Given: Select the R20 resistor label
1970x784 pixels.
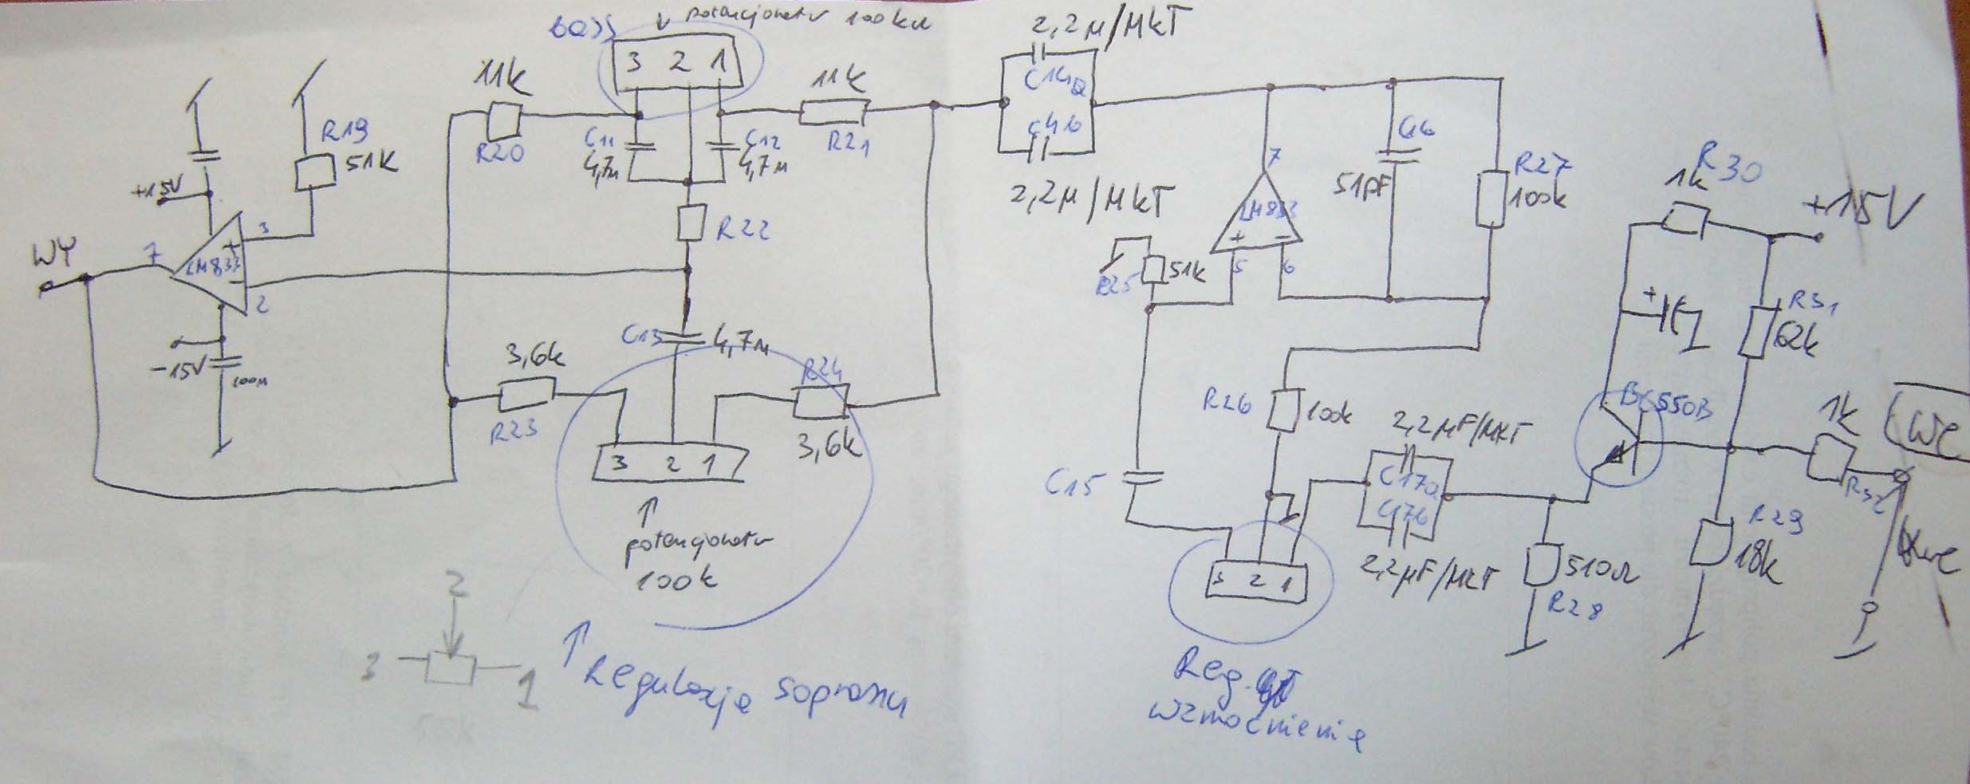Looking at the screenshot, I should (x=500, y=154).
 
